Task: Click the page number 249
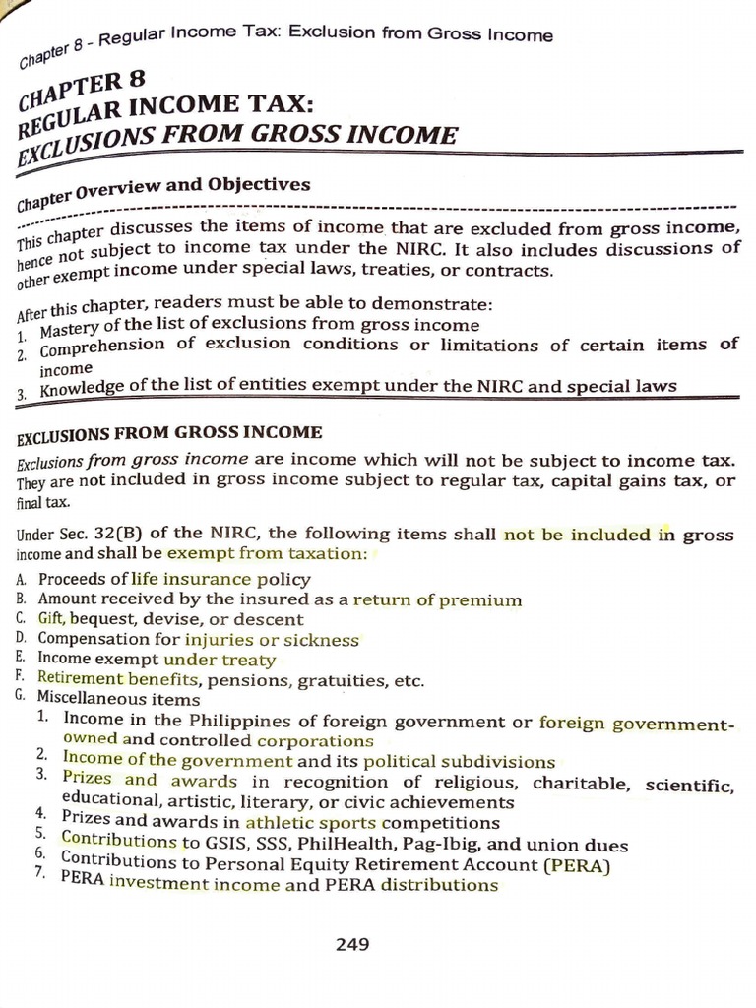point(351,945)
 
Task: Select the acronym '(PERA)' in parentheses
point(575,865)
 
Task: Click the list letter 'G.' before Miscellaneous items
point(21,695)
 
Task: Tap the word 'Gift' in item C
point(53,619)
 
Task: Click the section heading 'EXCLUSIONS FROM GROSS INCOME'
point(169,433)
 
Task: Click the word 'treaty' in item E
point(247,660)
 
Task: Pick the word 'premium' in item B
point(483,599)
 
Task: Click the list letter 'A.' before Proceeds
point(21,579)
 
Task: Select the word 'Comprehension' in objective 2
point(102,347)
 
